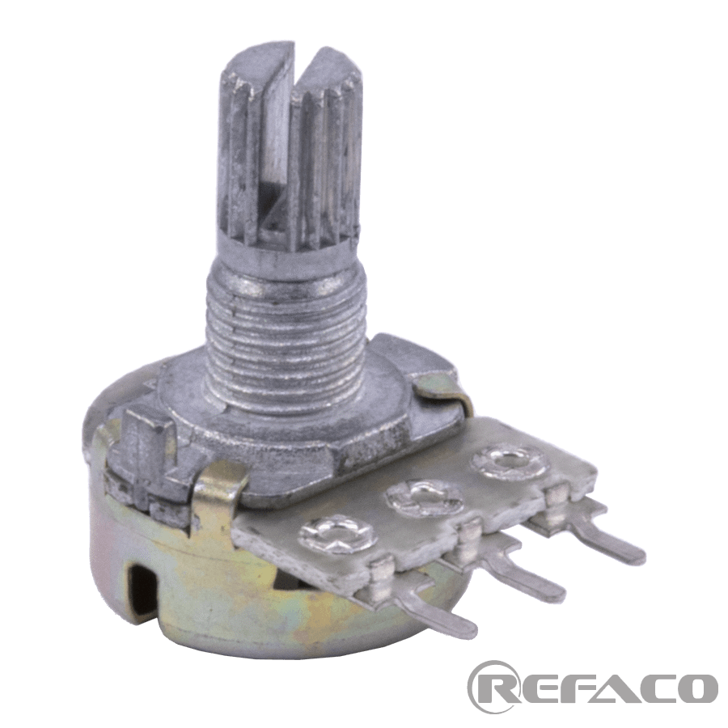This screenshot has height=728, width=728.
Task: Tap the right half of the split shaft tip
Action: coord(325,153)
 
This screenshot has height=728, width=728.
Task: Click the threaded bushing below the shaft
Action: coord(286,344)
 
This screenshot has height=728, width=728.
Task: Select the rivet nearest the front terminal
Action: coord(337,535)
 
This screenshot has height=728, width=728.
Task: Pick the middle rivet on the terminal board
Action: coord(425,498)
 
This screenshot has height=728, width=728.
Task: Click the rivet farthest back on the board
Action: coord(509,462)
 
